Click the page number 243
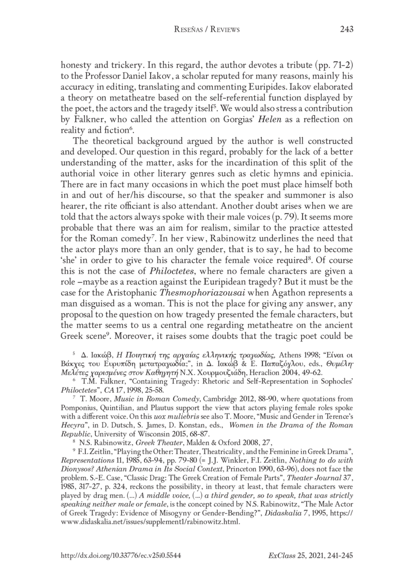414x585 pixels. (x=346, y=30)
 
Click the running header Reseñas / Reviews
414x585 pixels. (x=207, y=30)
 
